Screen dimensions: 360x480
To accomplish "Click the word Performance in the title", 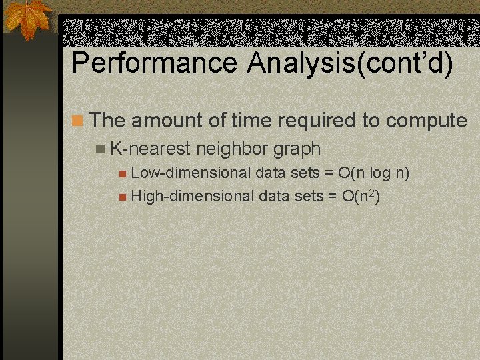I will coord(154,63).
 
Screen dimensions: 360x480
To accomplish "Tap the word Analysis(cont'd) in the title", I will coord(349,63).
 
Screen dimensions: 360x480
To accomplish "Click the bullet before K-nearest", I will coord(100,149).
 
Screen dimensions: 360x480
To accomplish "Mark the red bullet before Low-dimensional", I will coord(122,175).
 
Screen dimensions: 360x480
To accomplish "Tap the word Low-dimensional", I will coord(191,173).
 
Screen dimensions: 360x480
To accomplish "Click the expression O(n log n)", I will coord(373,173).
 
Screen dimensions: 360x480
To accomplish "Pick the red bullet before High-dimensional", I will coord(122,197).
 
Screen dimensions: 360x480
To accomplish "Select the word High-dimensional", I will coord(193,196).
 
